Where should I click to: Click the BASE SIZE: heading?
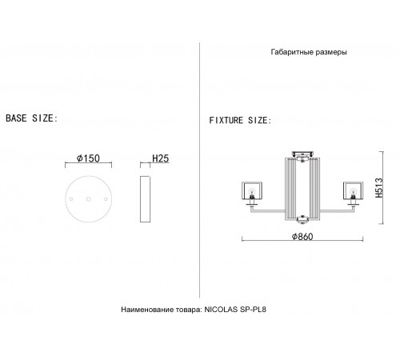pos(32,118)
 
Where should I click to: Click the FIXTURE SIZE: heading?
pos(240,121)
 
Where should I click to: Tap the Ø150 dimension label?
pos(88,158)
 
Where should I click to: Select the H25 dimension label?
pos(161,158)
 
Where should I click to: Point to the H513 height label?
pos(379,188)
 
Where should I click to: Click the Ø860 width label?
pos(302,237)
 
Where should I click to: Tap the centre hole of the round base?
pos(89,199)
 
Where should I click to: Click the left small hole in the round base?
pos(71,199)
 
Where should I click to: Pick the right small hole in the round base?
pos(106,199)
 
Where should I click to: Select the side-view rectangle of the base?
pos(145,199)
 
